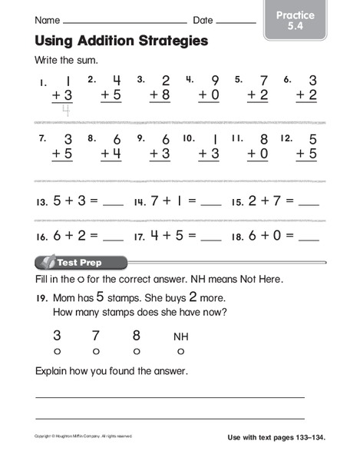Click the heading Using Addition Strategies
click(121, 41)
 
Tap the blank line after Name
click(127, 22)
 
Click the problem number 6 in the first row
click(287, 79)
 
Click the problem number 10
click(189, 140)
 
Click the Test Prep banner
click(78, 261)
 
